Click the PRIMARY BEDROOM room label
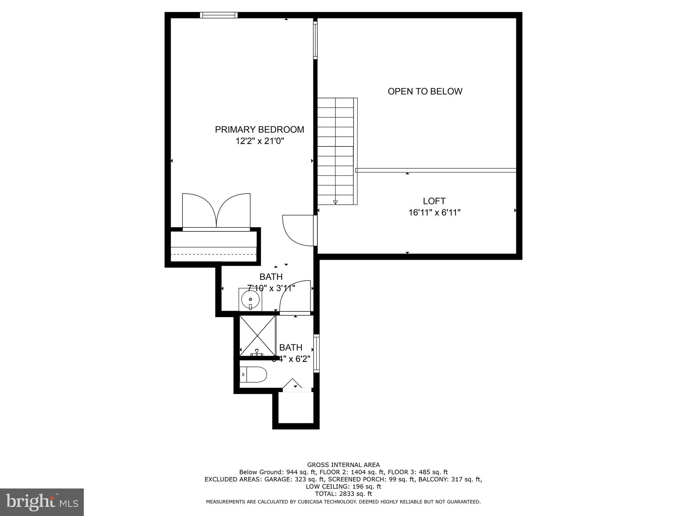click(259, 129)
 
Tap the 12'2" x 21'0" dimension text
click(260, 141)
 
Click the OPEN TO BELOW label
click(425, 91)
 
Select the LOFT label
click(434, 201)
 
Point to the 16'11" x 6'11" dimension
click(434, 213)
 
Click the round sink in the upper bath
click(250, 299)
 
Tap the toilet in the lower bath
click(254, 374)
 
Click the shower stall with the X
click(257, 336)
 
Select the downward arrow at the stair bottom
click(335, 202)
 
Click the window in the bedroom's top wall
click(219, 15)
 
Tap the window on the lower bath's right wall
click(316, 353)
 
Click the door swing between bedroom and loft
click(297, 230)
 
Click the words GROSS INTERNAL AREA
click(343, 465)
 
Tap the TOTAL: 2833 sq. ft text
click(343, 494)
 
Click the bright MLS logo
click(42, 502)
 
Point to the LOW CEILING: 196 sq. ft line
click(343, 486)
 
